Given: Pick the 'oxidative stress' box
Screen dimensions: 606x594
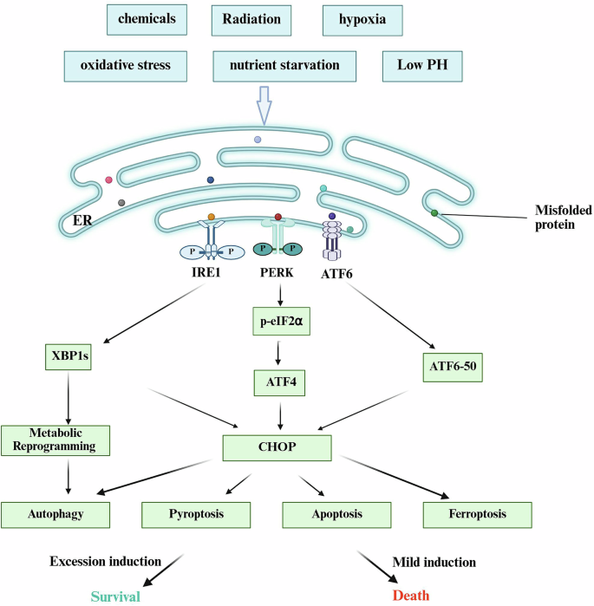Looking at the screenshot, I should click(125, 65).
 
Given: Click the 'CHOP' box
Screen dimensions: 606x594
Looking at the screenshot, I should click(277, 448).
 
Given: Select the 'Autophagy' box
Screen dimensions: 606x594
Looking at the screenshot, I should click(55, 514).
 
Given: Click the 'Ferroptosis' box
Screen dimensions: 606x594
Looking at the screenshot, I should click(476, 514).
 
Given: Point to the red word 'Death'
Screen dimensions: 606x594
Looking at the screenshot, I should click(411, 595).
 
